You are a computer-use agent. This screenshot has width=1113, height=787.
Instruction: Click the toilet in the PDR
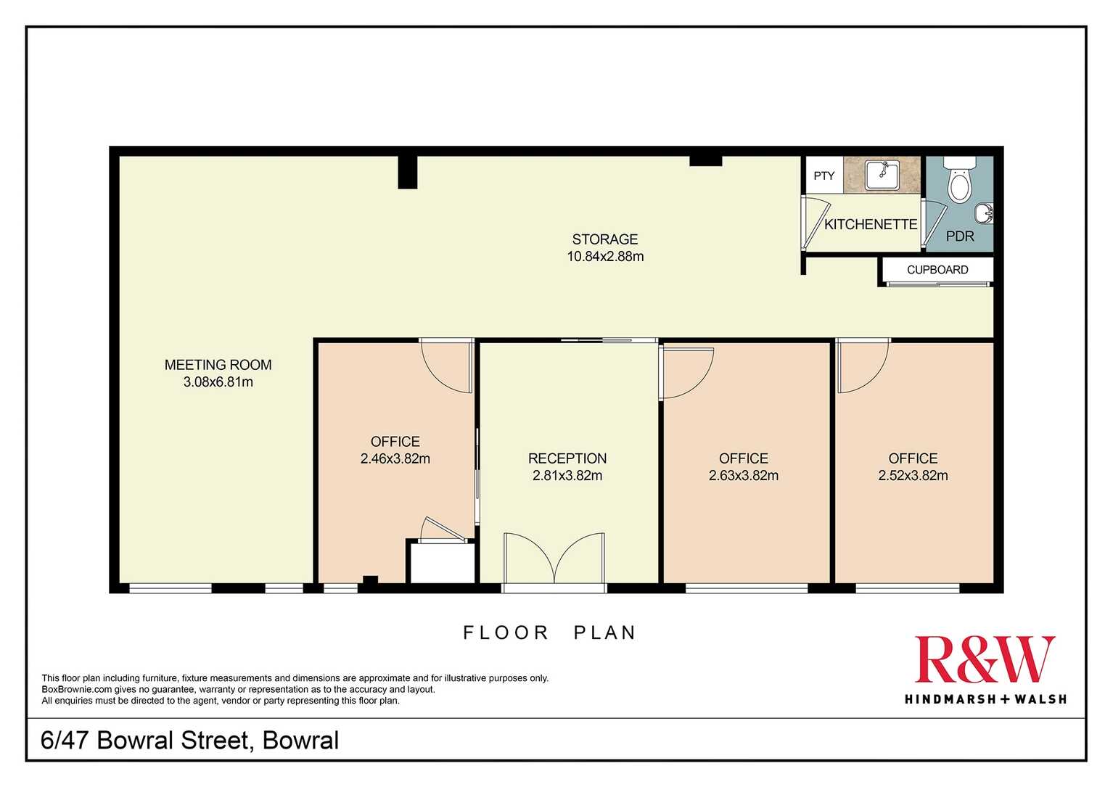pyautogui.click(x=959, y=179)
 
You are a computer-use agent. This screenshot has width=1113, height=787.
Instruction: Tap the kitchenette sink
pyautogui.click(x=882, y=175)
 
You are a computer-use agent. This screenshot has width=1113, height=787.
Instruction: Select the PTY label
pyautogui.click(x=824, y=176)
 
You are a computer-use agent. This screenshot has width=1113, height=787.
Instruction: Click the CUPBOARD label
pyautogui.click(x=937, y=270)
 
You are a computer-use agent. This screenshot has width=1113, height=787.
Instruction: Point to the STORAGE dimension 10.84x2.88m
pyautogui.click(x=605, y=256)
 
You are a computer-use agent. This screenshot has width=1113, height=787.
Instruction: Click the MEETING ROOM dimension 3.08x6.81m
pyautogui.click(x=218, y=382)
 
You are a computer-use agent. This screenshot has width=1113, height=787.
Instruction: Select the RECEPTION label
pyautogui.click(x=567, y=458)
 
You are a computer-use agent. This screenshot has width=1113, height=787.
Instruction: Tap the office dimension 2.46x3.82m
pyautogui.click(x=395, y=458)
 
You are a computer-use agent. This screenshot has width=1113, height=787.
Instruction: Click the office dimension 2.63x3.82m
pyautogui.click(x=744, y=476)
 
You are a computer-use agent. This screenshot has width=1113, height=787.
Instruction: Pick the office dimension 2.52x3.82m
pyautogui.click(x=913, y=476)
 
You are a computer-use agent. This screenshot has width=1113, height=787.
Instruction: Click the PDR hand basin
pyautogui.click(x=984, y=214)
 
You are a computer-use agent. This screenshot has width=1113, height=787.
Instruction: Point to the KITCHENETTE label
pyautogui.click(x=871, y=225)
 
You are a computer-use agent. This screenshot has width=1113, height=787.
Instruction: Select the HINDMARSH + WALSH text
pyautogui.click(x=985, y=699)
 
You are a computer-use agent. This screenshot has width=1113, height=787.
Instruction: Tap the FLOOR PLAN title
pyautogui.click(x=549, y=633)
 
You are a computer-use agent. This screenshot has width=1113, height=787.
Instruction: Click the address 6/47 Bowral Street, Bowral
pyautogui.click(x=190, y=741)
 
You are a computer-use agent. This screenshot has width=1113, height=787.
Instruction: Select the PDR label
pyautogui.click(x=960, y=236)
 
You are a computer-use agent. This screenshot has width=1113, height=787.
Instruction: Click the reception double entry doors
pyautogui.click(x=554, y=558)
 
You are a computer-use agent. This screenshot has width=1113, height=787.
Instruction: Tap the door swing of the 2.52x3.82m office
pyautogui.click(x=863, y=366)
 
